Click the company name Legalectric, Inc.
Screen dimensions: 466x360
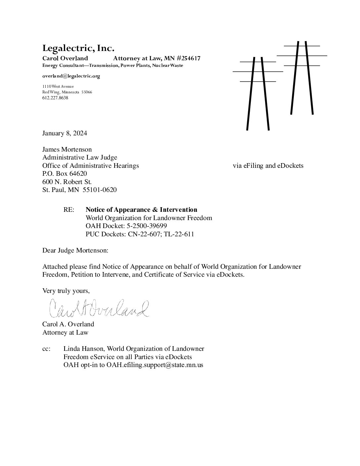tap(78, 48)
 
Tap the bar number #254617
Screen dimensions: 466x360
tap(189, 59)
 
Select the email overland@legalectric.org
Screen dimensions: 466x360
tap(71, 76)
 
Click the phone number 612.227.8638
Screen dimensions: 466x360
tap(55, 98)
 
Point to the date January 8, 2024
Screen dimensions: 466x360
tap(65, 133)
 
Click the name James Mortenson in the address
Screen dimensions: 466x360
tap(67, 150)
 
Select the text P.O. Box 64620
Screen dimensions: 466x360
tap(65, 174)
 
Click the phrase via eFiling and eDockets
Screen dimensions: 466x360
tap(268, 166)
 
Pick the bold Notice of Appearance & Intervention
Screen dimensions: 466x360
tap(141, 210)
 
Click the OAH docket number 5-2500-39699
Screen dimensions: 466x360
tap(144, 226)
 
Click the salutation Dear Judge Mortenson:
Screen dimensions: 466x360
tap(75, 251)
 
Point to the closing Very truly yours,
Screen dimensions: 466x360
tap(66, 291)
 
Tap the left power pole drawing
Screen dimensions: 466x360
tap(258, 93)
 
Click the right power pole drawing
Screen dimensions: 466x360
tap(302, 78)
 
